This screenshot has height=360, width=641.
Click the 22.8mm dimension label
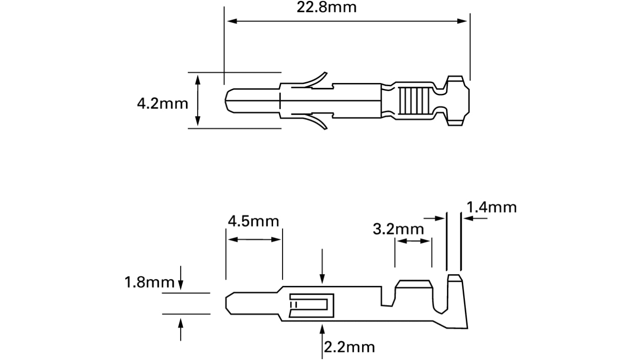(326, 8)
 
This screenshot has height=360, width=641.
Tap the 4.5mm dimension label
(253, 222)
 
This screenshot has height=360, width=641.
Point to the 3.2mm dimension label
(399, 229)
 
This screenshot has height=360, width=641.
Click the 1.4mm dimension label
(491, 208)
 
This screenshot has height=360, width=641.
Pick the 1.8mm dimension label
(149, 283)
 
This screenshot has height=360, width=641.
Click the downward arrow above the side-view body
(322, 280)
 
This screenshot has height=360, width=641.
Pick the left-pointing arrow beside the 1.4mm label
(468, 218)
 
